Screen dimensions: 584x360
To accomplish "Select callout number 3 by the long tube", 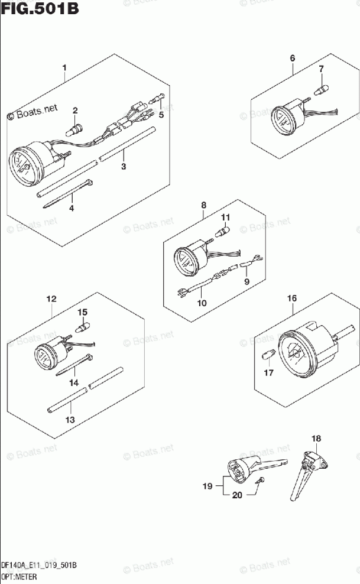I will (124, 167).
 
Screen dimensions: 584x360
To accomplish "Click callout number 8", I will (203, 205).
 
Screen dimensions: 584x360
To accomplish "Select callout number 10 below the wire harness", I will (202, 303).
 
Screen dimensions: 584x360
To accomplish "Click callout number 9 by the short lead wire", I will (247, 281).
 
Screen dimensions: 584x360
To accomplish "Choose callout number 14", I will (73, 383).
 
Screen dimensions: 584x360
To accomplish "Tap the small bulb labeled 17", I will (268, 356).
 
